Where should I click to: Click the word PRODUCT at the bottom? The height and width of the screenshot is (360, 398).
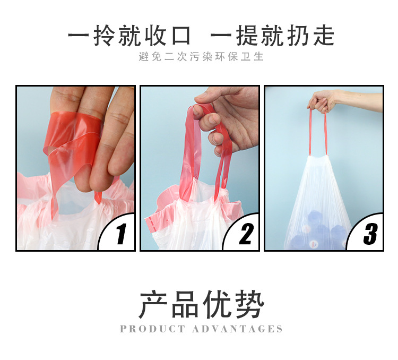pos(152,329)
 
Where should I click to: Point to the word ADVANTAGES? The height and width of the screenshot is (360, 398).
pos(237,329)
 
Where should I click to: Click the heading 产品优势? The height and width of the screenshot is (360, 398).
pos(202,304)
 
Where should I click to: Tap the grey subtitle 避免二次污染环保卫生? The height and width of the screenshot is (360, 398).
pos(201,57)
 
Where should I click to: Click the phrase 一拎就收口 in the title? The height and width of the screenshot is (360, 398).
pos(129,36)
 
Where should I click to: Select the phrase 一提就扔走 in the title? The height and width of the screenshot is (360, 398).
pos(272,36)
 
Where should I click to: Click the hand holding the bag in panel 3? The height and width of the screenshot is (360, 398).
pos(321,101)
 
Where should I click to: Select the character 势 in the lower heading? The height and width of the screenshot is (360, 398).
pos(250,304)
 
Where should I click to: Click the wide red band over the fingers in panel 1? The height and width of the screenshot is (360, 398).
pos(74,127)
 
